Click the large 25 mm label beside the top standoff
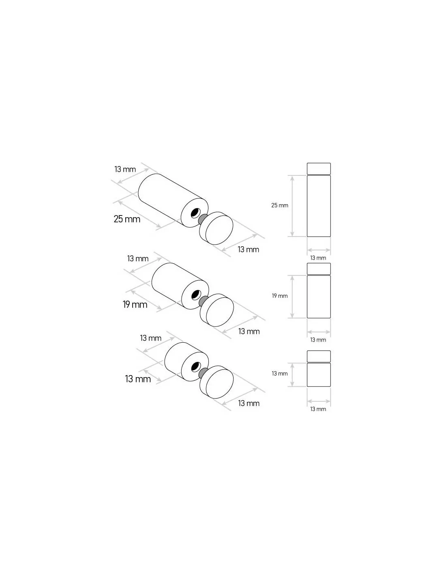point(127,219)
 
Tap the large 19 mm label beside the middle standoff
point(135,305)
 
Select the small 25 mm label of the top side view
point(280,205)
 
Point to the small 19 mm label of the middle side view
point(280,296)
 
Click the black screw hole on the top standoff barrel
point(195,213)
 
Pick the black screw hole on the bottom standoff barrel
point(196,367)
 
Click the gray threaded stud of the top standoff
point(203,219)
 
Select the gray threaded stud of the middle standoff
point(203,301)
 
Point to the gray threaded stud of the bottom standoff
point(203,373)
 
